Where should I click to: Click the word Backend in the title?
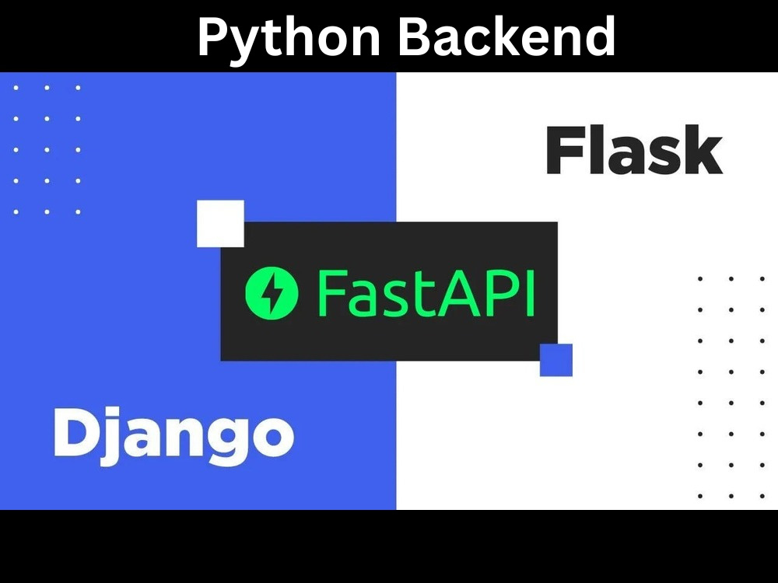[507, 35]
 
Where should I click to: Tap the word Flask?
[634, 150]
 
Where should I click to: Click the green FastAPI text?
[426, 292]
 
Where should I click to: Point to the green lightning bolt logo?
[272, 292]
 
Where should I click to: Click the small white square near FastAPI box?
[220, 224]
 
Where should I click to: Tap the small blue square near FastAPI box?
[556, 360]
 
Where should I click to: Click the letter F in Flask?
[563, 151]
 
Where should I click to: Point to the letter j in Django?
[110, 437]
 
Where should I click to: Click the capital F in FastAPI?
[331, 293]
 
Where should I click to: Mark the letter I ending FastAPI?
[531, 293]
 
